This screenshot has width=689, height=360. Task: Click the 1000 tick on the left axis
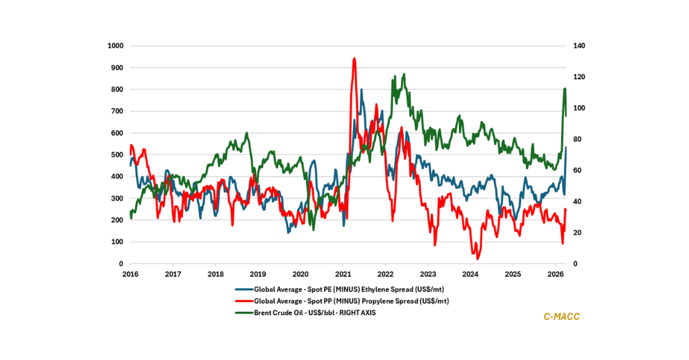pos(117,46)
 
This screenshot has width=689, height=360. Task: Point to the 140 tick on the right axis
pos(573,46)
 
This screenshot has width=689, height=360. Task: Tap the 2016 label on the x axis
pos(130,274)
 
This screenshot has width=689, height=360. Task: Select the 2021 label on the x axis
pos(343,274)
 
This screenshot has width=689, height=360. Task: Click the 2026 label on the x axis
pos(555,274)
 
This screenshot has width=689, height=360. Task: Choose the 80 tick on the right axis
pos(571,140)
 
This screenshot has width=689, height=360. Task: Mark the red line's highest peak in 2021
pos(354,58)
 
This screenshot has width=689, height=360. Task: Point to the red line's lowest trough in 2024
pos(478,259)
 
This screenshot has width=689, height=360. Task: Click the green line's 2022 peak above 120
pos(404,74)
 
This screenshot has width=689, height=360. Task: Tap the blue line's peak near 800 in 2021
pos(362,90)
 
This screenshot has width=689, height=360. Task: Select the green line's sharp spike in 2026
pos(565,88)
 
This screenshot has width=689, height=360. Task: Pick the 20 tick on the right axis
pos(571,233)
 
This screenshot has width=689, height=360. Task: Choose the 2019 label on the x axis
pos(258,274)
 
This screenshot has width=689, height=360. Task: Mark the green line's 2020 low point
pos(313,230)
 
